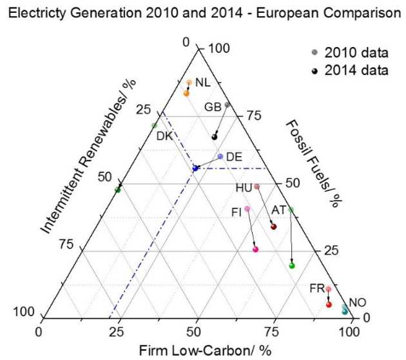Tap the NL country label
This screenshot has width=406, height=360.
click(202, 83)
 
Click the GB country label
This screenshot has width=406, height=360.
click(213, 107)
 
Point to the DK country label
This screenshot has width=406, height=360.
click(164, 135)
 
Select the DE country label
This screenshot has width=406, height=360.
click(234, 157)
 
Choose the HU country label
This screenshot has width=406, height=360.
click(244, 188)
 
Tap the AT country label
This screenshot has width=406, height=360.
click(278, 210)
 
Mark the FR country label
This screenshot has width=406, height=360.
click(316, 288)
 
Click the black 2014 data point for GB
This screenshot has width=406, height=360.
click(215, 137)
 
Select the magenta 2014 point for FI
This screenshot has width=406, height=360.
click(256, 249)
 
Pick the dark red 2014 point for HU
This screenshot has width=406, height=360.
click(273, 226)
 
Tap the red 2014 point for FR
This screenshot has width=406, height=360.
click(329, 305)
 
